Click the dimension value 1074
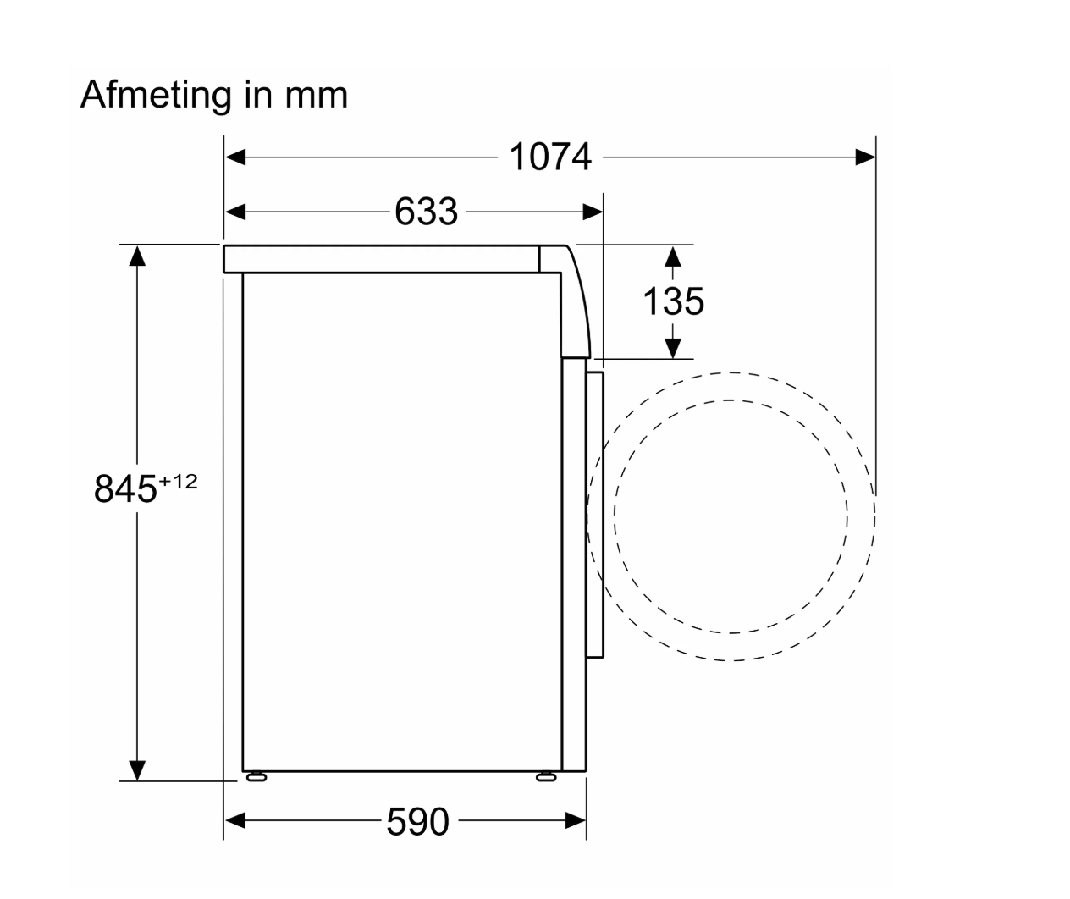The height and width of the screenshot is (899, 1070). click(x=550, y=157)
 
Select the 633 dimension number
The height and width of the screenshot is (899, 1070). click(x=426, y=211)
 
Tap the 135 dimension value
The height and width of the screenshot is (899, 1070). click(x=673, y=301)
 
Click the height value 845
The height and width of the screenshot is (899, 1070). click(x=125, y=488)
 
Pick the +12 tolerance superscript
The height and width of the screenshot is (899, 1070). click(x=178, y=482)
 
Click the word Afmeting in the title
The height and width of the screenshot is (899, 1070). click(x=156, y=97)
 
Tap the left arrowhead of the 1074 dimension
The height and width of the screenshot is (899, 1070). click(x=235, y=157)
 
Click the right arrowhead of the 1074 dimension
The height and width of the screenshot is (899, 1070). click(x=865, y=157)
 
